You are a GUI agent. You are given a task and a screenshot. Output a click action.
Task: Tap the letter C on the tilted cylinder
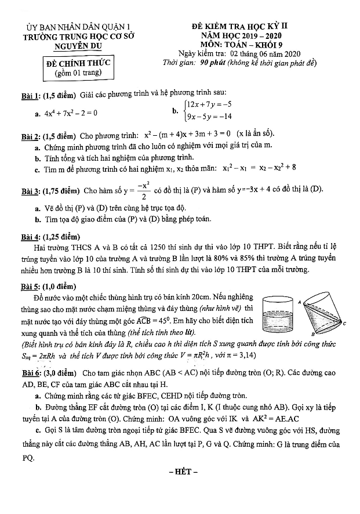point(344,323)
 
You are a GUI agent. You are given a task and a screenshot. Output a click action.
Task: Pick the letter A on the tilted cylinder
point(299,302)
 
